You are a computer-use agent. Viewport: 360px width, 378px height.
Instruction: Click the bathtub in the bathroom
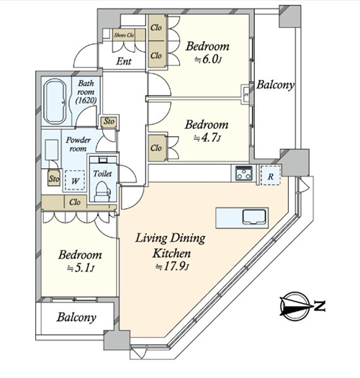(56, 102)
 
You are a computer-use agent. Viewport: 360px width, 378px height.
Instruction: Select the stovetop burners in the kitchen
(244, 173)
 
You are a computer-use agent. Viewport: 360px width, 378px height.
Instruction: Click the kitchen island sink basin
(254, 217)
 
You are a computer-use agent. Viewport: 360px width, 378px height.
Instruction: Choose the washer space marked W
(75, 181)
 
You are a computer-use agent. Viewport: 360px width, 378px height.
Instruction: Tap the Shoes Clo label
(124, 35)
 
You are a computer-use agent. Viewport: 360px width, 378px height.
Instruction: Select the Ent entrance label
(124, 61)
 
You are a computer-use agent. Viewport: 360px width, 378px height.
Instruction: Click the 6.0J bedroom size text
(208, 59)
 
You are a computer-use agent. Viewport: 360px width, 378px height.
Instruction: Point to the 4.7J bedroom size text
(207, 138)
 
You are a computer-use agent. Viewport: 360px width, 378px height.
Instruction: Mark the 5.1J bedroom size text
(81, 268)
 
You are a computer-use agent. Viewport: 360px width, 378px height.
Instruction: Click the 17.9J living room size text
(171, 266)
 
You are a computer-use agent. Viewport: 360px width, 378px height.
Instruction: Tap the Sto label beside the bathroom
(109, 121)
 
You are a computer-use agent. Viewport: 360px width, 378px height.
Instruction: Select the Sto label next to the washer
(54, 179)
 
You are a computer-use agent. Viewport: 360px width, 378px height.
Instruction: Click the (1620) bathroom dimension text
(86, 100)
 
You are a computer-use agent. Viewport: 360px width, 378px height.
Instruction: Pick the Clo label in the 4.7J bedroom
(156, 148)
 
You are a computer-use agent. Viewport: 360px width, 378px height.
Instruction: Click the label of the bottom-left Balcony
(76, 318)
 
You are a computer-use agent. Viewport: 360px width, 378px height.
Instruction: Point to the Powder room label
(78, 144)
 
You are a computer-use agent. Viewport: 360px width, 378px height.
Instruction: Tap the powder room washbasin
(51, 150)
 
